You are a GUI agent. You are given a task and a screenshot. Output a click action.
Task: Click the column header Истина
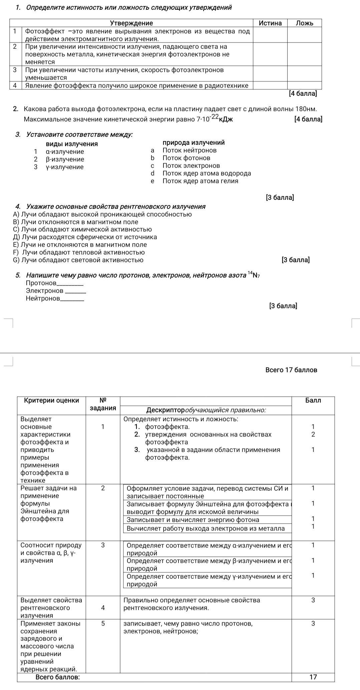coord(270,23)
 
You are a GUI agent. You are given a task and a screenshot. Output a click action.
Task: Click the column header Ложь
coord(305,23)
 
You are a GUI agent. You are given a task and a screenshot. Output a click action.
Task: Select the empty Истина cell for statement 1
coord(270,35)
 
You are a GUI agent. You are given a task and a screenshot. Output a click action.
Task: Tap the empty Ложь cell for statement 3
coord(305,73)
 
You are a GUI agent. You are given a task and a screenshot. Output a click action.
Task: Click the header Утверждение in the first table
coord(131,23)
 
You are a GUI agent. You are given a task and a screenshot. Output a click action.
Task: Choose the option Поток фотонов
coord(186,158)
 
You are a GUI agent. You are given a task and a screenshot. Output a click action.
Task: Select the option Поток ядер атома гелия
coord(200,181)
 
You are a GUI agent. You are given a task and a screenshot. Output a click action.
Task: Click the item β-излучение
coord(65,159)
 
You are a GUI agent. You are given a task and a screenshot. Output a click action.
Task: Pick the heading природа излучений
coord(194,143)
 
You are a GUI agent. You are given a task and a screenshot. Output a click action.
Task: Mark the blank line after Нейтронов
coord(72,299)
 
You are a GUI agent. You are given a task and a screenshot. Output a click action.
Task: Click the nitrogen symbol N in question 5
coord(255,275)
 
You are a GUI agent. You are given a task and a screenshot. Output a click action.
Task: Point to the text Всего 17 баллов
coord(291,370)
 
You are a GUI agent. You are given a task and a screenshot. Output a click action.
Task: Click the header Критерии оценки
coord(51,401)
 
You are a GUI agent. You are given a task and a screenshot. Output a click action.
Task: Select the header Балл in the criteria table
coord(313,401)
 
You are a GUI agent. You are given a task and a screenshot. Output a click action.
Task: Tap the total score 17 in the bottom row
coord(313,677)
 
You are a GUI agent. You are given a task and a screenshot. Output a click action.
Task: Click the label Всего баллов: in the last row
coord(57,677)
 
